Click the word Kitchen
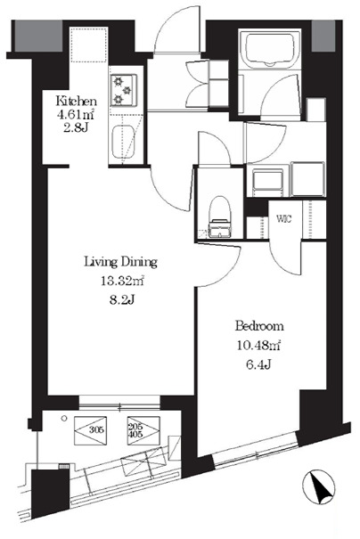[x=77, y=102]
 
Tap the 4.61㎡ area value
[x=76, y=114]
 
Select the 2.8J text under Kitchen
[x=76, y=128]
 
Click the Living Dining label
[x=120, y=262]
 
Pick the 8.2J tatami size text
[x=122, y=300]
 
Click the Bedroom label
[x=259, y=325]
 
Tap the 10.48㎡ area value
[x=259, y=345]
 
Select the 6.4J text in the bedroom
[x=259, y=364]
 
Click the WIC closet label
[x=284, y=218]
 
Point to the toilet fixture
[x=219, y=216]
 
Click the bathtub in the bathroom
[x=268, y=49]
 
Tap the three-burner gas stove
[x=123, y=90]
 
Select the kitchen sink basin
[x=123, y=143]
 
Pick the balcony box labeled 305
[x=90, y=430]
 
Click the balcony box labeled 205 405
[x=143, y=430]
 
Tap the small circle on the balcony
[x=63, y=419]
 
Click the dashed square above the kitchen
[x=89, y=45]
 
